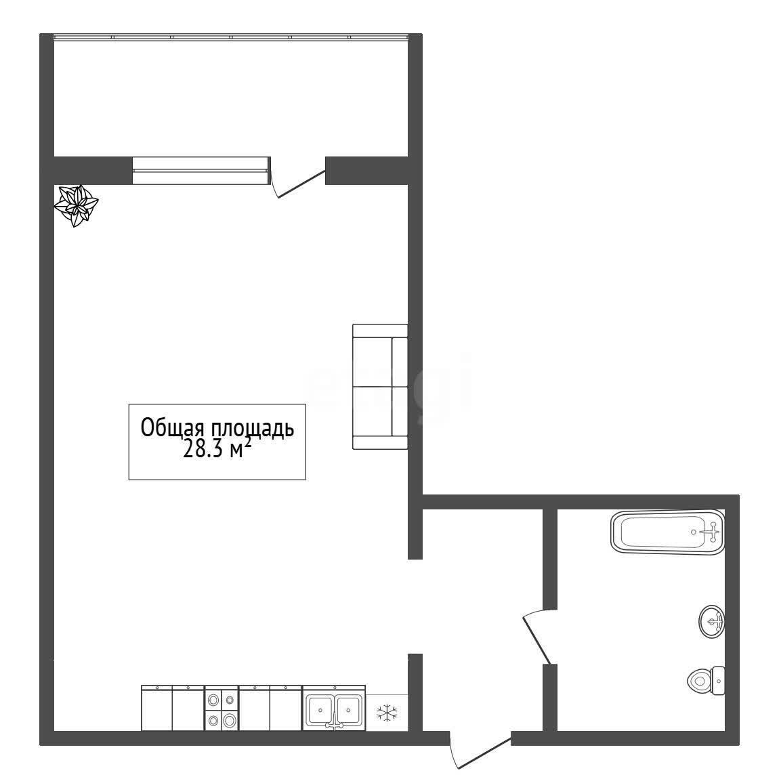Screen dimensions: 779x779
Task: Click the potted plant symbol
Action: [76, 205]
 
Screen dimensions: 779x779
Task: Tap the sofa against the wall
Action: [380, 387]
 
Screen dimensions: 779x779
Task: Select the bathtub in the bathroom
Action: [668, 532]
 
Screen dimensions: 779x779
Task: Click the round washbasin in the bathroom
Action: [712, 622]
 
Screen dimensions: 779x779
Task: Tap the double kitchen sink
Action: [335, 709]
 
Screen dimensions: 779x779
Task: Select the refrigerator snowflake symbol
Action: [387, 713]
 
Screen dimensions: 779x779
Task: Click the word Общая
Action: [173, 427]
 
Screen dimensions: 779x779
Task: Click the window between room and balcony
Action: [201, 171]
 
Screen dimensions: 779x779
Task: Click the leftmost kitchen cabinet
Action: [156, 709]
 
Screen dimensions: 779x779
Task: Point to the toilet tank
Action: [719, 681]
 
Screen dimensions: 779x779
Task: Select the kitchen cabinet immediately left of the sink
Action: [286, 709]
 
